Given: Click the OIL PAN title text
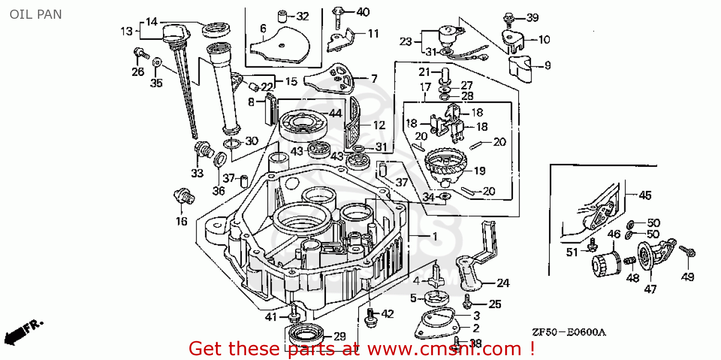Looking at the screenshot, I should pos(36,14).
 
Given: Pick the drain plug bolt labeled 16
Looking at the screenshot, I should pos(183,198).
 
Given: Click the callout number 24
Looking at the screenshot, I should pos(503,283).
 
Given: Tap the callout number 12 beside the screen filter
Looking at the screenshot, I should pos(379,125).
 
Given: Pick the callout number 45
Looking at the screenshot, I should pos(646,195).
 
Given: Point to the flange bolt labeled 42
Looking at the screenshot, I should pos(370,317).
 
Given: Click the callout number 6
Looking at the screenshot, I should pos(262,29).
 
